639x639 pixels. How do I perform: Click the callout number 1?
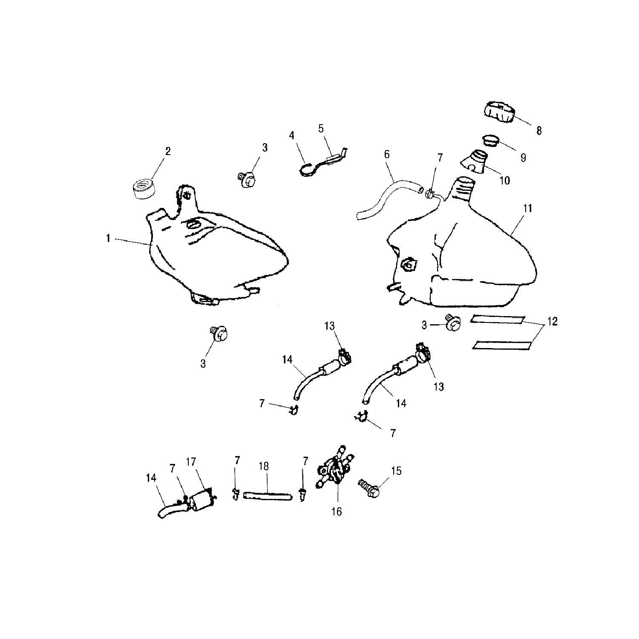[x=108, y=239]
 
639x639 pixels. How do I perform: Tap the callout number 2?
[x=168, y=151]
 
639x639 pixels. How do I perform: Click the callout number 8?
[x=539, y=131]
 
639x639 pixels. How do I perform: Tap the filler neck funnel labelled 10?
[x=475, y=162]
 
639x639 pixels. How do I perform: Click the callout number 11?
[x=527, y=209]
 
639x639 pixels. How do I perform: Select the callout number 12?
[x=552, y=322]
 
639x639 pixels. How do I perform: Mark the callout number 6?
[x=386, y=154]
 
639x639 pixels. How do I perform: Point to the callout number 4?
[x=291, y=135]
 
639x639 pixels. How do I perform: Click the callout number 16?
[x=337, y=512]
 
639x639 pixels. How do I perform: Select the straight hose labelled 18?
[x=268, y=496]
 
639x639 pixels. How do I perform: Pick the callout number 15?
[x=396, y=471]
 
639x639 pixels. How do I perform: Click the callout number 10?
[x=504, y=181]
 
